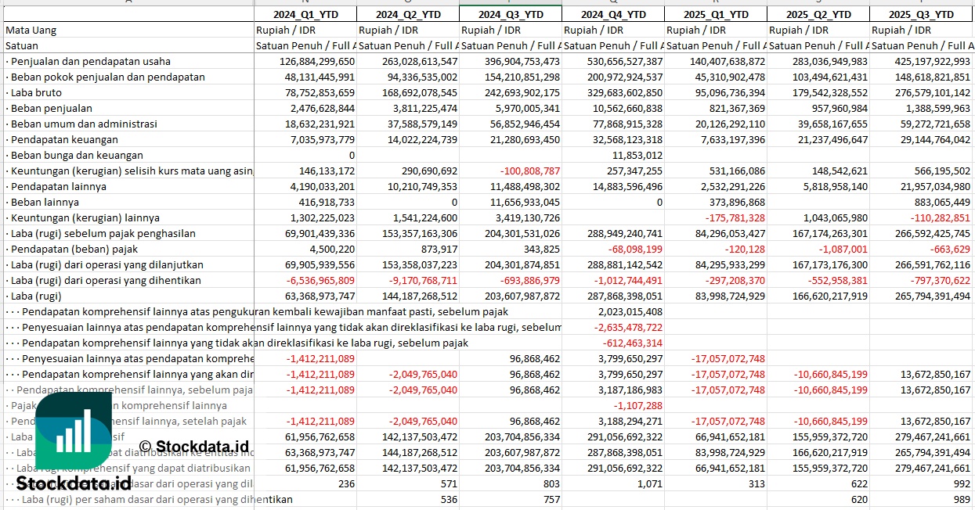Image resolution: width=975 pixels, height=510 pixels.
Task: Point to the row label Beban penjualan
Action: pyautogui.click(x=51, y=108)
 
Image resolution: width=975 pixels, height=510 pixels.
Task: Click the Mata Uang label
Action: pyautogui.click(x=31, y=30)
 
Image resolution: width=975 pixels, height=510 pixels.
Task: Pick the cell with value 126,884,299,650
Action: pyautogui.click(x=306, y=61)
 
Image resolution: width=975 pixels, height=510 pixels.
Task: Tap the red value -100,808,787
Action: pyautogui.click(x=526, y=171)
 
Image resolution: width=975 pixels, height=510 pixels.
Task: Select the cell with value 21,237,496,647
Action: pyautogui.click(x=818, y=139)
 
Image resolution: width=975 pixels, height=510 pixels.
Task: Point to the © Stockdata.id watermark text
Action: pyautogui.click(x=193, y=447)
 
